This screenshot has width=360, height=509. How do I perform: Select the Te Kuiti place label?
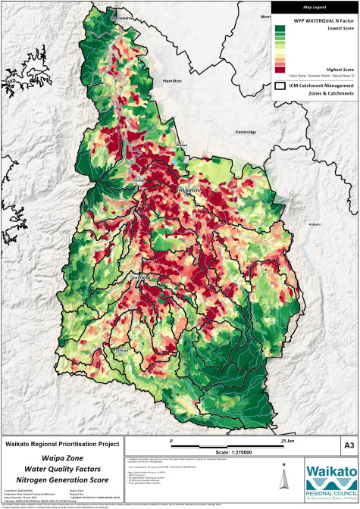coord(120,351)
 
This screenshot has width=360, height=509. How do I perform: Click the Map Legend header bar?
coord(315,8)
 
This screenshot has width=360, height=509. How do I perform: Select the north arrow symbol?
coord(283,476)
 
